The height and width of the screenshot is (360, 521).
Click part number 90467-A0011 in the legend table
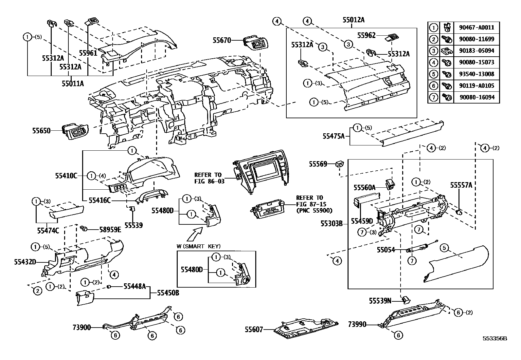pos(476,28)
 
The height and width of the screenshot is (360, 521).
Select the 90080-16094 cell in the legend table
pos(477,97)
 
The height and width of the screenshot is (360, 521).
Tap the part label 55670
pos(222,40)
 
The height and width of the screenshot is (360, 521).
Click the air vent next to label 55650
pos(75,132)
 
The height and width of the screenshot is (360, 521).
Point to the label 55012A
pos(353,20)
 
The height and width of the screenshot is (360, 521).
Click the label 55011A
pos(73,83)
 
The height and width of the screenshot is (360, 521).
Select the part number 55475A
pos(333,136)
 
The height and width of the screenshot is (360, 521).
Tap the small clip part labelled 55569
pos(340,164)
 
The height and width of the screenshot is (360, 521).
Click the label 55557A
pos(461,185)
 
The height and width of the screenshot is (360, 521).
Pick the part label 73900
pos(81,328)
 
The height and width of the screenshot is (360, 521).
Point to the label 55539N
pos(380,301)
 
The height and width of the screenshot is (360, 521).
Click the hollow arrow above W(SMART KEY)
pos(195,234)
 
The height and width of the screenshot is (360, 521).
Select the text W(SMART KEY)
pos(198,246)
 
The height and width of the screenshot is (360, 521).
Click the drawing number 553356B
pos(495,339)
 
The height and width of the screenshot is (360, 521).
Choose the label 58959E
pos(110,230)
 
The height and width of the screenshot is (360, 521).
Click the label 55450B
pos(168,293)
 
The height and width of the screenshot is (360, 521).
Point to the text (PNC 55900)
pos(314,211)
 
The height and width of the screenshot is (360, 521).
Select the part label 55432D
pos(25,262)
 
